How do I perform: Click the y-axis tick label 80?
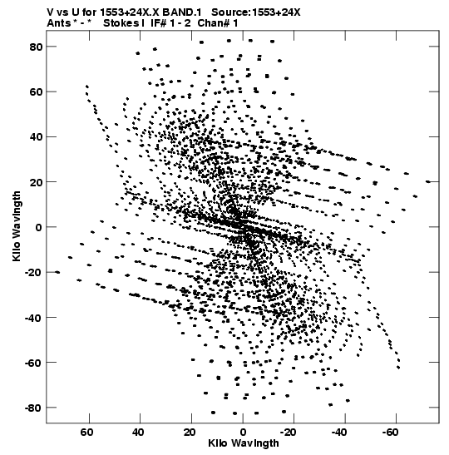tap(36, 47)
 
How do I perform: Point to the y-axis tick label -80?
tap(33, 408)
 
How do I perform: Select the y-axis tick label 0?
tap(39, 227)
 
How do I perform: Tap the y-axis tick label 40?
tap(36, 137)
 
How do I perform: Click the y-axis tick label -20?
tap(33, 273)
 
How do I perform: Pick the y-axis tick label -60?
tap(33, 363)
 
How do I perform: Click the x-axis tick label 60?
tap(86, 433)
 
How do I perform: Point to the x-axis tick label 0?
tap(243, 433)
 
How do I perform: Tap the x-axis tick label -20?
tap(288, 433)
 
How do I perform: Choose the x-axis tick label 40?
tap(138, 433)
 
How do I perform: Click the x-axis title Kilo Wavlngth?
tap(244, 443)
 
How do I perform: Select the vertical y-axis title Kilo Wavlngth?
tap(17, 226)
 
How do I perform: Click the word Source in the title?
tap(230, 12)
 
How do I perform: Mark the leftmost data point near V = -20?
tap(57, 272)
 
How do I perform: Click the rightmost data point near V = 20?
tap(428, 181)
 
